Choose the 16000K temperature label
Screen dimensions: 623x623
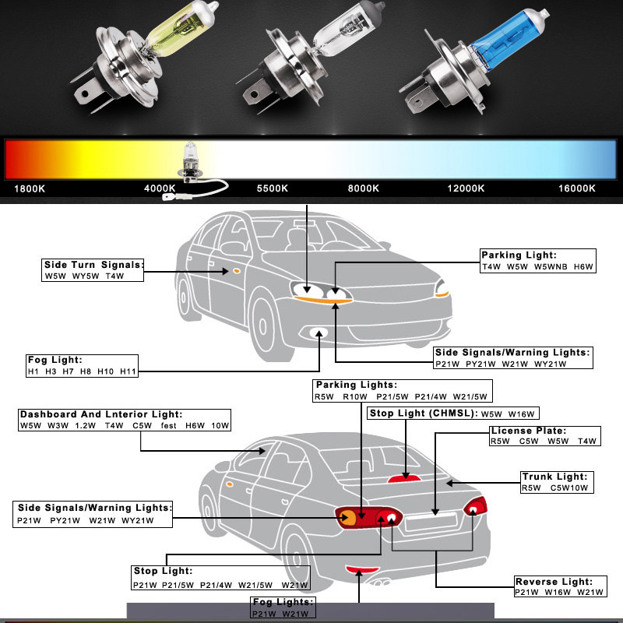pyautogui.click(x=577, y=188)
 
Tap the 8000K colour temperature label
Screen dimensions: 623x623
pyautogui.click(x=364, y=188)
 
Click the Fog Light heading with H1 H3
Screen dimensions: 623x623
pyautogui.click(x=55, y=360)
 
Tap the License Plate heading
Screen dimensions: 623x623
pyautogui.click(x=528, y=431)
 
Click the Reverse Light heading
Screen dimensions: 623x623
pyautogui.click(x=554, y=582)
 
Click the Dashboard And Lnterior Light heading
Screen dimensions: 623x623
pyautogui.click(x=101, y=414)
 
